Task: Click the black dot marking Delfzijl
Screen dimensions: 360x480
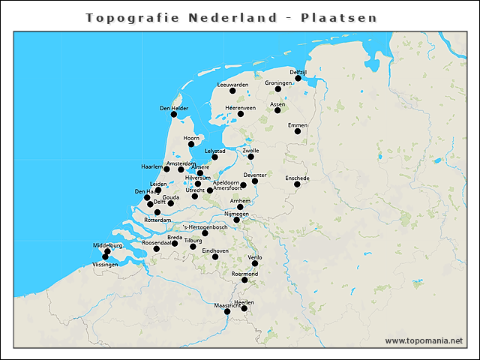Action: (x=298, y=78)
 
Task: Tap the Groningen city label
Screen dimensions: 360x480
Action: (x=278, y=83)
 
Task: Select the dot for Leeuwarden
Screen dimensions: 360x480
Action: (x=232, y=91)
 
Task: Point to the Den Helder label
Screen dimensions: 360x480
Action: (x=174, y=108)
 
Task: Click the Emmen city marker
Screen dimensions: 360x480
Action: (x=298, y=131)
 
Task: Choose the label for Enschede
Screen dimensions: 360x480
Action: (x=298, y=178)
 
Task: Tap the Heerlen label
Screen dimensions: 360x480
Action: (x=244, y=302)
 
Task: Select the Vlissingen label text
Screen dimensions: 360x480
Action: (x=105, y=265)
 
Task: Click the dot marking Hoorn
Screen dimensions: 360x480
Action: (x=191, y=144)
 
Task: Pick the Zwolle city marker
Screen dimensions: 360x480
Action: (x=251, y=157)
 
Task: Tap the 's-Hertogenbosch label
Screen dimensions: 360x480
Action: (x=205, y=226)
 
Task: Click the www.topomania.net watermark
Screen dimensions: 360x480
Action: (x=424, y=340)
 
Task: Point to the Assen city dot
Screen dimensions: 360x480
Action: (x=277, y=110)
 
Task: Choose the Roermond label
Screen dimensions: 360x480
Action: (x=244, y=274)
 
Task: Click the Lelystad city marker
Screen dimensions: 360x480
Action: (x=214, y=157)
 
